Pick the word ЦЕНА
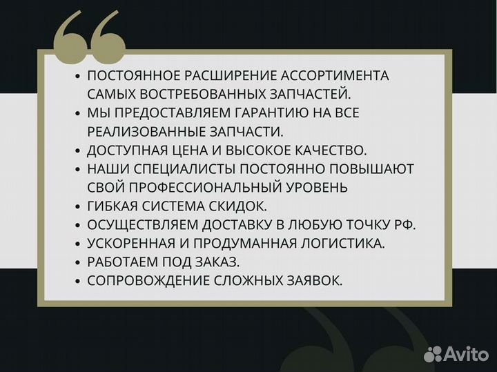click(x=182, y=149)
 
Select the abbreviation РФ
click(x=407, y=224)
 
